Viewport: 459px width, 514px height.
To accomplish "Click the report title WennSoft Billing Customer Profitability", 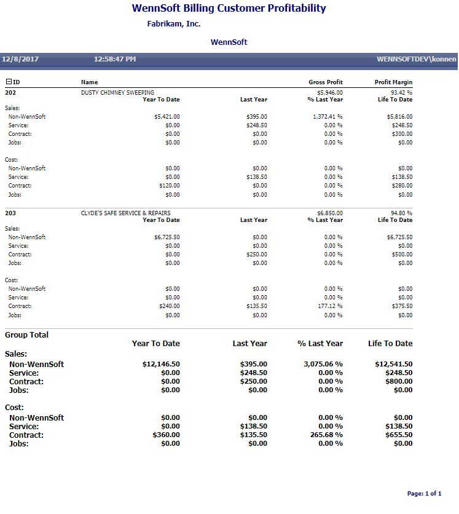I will (x=229, y=9).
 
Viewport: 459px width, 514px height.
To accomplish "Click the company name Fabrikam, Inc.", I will (x=174, y=24).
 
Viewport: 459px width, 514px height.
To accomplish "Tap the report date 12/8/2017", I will (x=20, y=60).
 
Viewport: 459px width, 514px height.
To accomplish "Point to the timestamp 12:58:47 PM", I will (x=115, y=60).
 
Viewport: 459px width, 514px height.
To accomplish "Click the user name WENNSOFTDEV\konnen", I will (x=417, y=60).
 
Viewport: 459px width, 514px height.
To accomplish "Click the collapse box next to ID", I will (x=9, y=82).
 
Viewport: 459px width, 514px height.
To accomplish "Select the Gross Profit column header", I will (x=326, y=82).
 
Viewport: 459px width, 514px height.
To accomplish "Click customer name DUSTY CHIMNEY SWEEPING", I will (x=117, y=93).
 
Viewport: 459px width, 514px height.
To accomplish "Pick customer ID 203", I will (x=10, y=213).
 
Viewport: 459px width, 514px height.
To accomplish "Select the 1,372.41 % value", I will (x=328, y=116).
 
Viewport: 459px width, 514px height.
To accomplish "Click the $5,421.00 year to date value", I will (x=167, y=116).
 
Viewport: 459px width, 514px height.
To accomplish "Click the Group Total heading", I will (x=26, y=335).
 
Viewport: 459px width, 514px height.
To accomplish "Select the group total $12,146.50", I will (x=161, y=365).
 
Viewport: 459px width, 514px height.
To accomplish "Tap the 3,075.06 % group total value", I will (x=323, y=365).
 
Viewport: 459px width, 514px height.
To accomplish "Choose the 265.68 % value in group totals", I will (x=327, y=435).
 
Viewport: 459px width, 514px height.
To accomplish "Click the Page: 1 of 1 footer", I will (x=424, y=494).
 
